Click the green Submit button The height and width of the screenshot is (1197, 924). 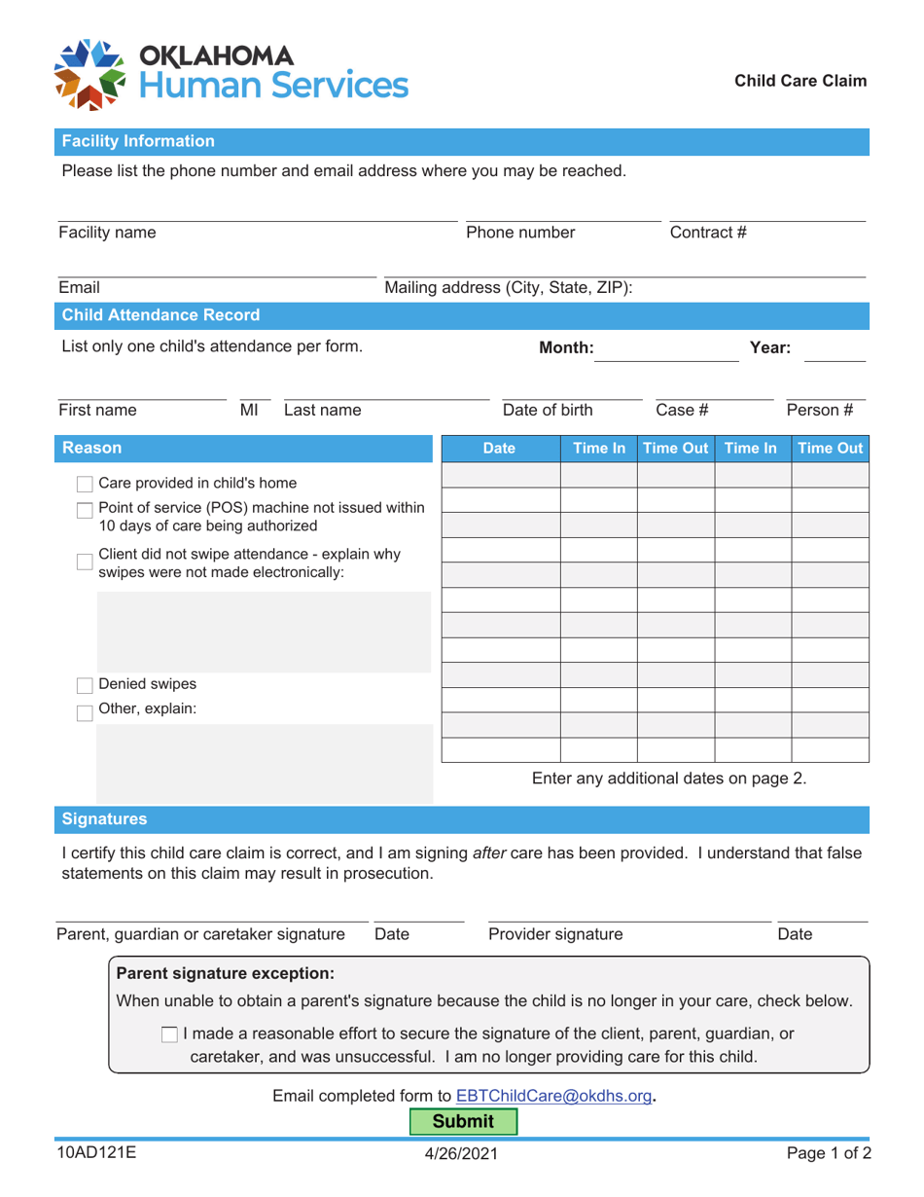click(462, 1121)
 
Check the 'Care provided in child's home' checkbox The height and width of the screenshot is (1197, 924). click(86, 484)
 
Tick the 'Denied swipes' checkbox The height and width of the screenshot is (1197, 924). click(86, 683)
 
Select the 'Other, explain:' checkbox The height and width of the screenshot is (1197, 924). click(86, 709)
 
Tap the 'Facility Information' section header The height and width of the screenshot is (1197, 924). click(138, 141)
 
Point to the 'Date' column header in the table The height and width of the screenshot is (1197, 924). click(501, 450)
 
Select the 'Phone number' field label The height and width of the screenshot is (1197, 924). click(521, 233)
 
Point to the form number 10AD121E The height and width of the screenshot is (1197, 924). click(95, 1153)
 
